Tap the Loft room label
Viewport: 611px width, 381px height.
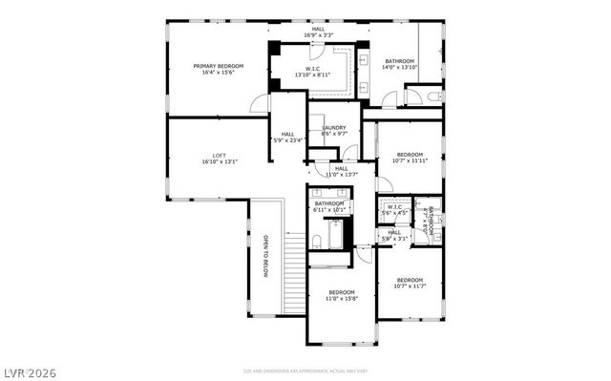coord(219,159)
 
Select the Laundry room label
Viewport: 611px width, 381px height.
coord(333,128)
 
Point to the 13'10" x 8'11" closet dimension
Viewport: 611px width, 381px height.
coord(319,74)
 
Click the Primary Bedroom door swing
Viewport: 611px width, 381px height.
coord(259,103)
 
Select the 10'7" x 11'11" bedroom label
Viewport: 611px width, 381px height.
coord(410,159)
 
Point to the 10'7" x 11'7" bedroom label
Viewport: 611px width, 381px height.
coord(410,285)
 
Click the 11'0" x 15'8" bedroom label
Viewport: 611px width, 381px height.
coord(341,296)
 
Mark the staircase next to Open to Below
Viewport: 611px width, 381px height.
coord(296,258)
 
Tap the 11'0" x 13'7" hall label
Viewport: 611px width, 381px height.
coord(341,172)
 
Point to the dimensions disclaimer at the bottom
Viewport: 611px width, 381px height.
coord(305,370)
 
